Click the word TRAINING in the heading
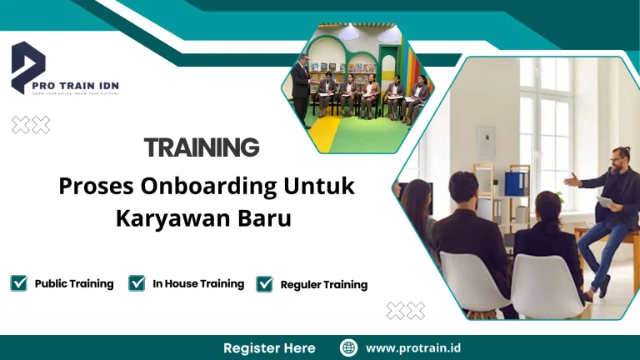tap(202, 148)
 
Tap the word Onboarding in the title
tap(212, 187)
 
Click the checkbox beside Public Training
tap(18, 283)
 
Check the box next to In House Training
tap(137, 283)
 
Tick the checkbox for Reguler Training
tap(265, 284)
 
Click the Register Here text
tap(269, 347)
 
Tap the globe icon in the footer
tap(349, 347)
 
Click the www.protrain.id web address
tap(413, 347)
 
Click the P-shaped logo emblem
tap(28, 67)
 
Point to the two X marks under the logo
tap(31, 125)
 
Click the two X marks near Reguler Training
tap(406, 311)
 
